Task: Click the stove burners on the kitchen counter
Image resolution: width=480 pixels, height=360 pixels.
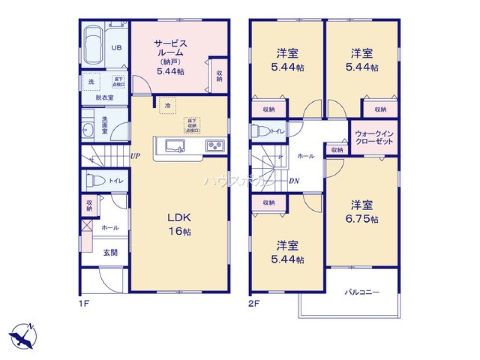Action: (214, 146)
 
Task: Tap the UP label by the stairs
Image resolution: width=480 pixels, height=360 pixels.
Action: (135, 156)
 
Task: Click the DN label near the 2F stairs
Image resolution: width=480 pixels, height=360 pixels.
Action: (294, 181)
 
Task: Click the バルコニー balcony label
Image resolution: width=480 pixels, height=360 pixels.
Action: (362, 292)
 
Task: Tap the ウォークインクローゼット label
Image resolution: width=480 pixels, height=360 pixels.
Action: (374, 138)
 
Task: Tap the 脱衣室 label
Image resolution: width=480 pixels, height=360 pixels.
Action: (104, 97)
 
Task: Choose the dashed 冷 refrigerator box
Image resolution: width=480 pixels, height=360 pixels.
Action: (168, 105)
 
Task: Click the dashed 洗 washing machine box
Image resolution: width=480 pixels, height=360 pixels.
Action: (91, 82)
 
